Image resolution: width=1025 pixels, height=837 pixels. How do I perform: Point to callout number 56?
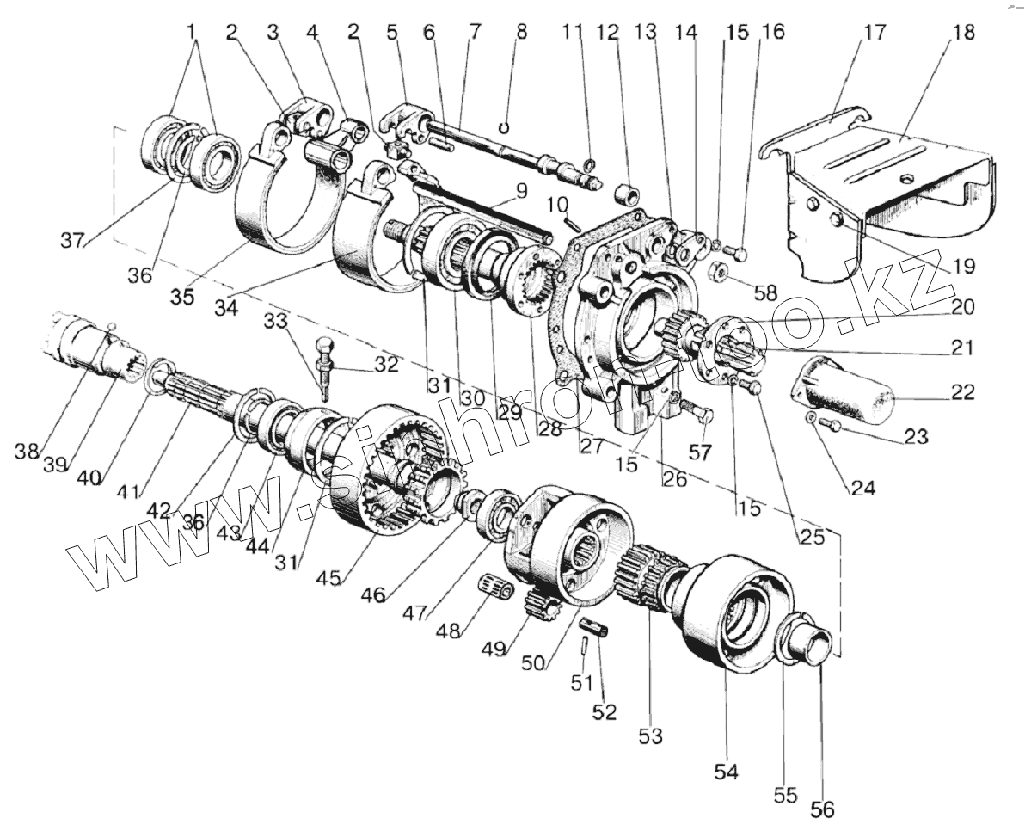click(823, 809)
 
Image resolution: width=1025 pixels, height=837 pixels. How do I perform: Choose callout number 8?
click(521, 34)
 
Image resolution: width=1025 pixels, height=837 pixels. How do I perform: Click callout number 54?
click(727, 772)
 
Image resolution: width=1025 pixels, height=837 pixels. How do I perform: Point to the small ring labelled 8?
click(508, 126)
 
